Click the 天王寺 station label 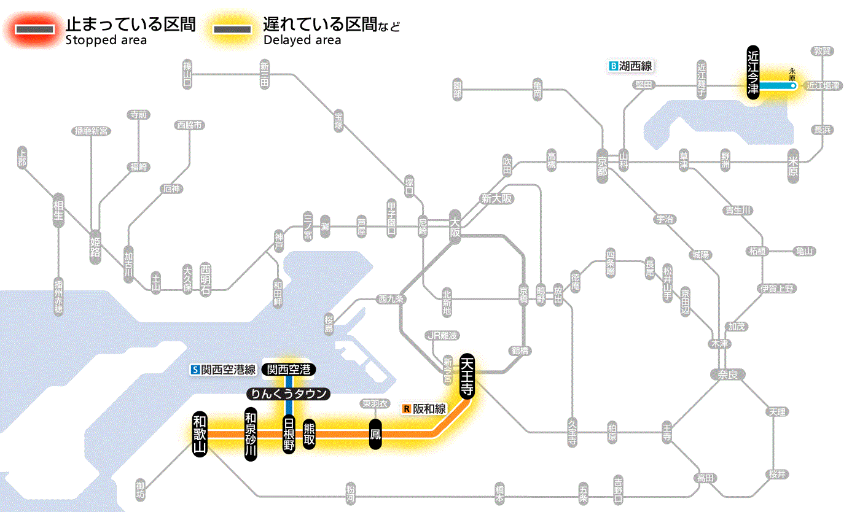[x=467, y=376]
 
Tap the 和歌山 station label [x=200, y=433]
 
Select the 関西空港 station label [x=289, y=369]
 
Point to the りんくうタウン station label [x=288, y=394]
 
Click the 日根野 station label [x=289, y=434]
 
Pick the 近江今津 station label [x=753, y=72]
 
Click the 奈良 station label [x=727, y=374]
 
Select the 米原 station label [x=793, y=165]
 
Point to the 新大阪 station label [x=496, y=198]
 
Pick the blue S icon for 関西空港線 [x=195, y=370]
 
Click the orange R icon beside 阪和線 [x=406, y=408]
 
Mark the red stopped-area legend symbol [x=34, y=29]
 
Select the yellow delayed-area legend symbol [x=232, y=29]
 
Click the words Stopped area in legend [x=106, y=41]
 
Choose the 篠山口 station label [x=188, y=74]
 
